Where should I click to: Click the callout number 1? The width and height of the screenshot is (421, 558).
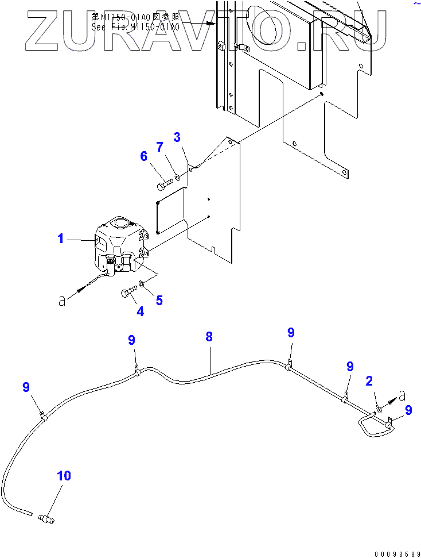click(x=61, y=238)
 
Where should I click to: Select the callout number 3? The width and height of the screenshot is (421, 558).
click(x=177, y=137)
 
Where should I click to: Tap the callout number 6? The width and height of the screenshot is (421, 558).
click(x=143, y=156)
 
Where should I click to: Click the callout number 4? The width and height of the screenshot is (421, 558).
click(x=140, y=312)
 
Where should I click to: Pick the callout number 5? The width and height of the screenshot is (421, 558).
click(x=159, y=299)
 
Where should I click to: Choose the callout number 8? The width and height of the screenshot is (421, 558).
click(x=209, y=337)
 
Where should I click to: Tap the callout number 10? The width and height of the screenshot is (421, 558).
click(x=64, y=476)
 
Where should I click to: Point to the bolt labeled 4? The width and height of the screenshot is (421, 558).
click(x=129, y=293)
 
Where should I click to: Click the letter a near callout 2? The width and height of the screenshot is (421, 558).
click(x=402, y=396)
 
